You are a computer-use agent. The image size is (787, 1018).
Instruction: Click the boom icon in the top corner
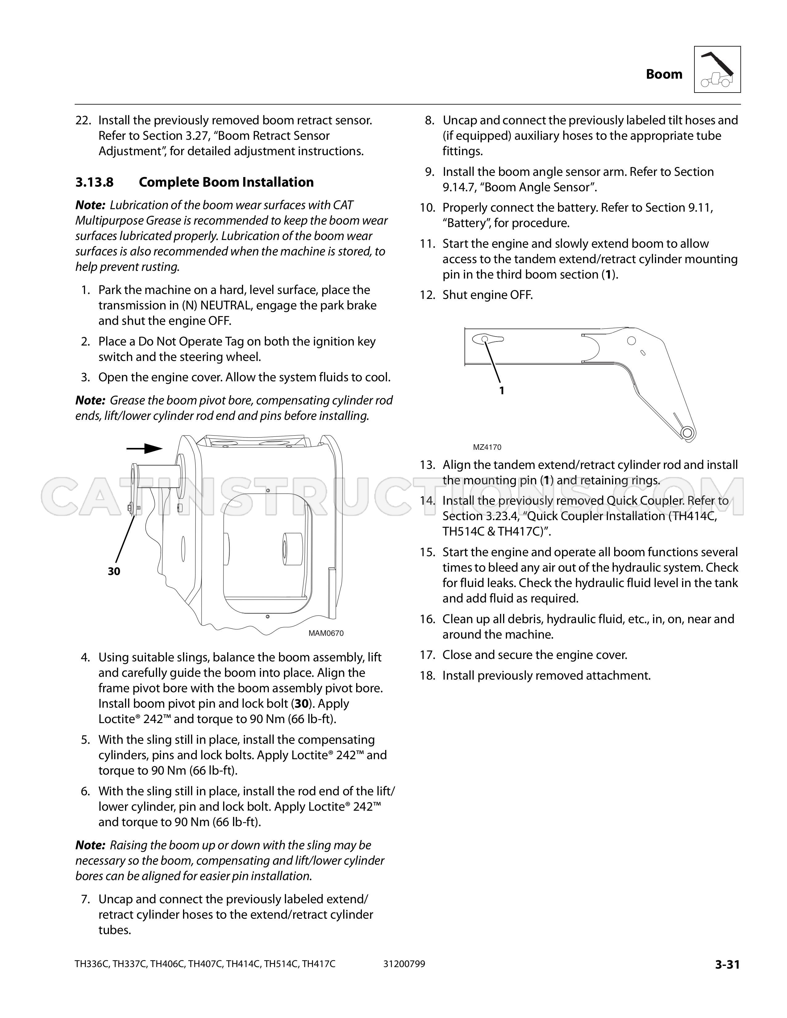717,69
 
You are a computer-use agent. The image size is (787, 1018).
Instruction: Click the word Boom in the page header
664,74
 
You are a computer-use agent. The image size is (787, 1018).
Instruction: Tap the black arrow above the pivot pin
144,449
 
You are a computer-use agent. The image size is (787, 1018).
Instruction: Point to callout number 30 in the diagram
114,571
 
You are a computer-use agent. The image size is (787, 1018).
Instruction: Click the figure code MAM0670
326,633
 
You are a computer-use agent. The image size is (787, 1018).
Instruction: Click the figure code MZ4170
487,447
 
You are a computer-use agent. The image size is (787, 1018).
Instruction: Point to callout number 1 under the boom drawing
502,391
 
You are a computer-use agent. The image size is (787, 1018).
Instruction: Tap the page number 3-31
727,964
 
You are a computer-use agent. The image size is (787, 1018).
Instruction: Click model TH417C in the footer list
319,964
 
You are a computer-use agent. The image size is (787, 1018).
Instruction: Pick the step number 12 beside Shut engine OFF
427,295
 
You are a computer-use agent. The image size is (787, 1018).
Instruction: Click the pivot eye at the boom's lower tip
686,433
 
